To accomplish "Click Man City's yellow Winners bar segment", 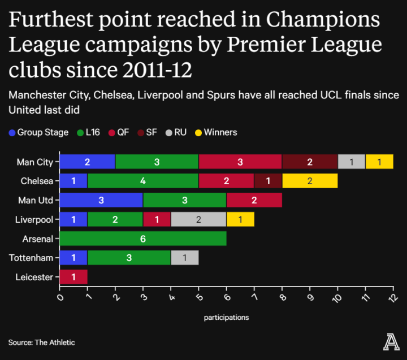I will point(379,162).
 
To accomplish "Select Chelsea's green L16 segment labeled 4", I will point(143,181).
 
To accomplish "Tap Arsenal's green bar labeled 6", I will point(143,239).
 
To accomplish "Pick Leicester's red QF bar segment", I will point(73,277).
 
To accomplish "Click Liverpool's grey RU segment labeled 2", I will point(198,220).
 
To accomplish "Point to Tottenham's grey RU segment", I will point(185,258).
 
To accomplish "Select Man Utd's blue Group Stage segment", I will point(101,201).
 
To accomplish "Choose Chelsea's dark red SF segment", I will point(268,181).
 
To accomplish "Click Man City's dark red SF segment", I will point(310,162).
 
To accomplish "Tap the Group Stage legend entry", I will point(38,132).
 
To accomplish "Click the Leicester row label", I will point(35,277).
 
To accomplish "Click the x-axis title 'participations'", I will point(226,318).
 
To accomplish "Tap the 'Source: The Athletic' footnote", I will point(41,342).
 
